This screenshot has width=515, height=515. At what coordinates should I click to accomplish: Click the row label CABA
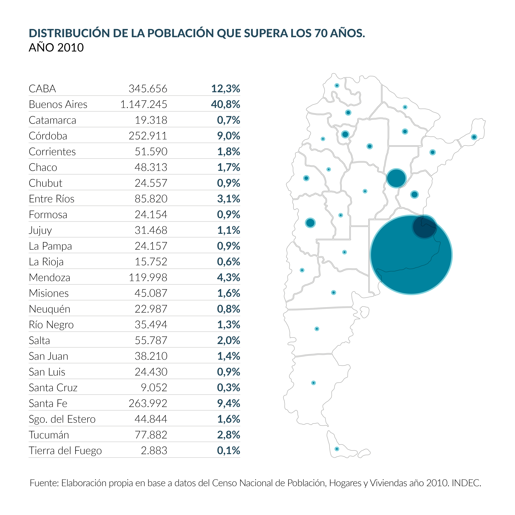coord(42,89)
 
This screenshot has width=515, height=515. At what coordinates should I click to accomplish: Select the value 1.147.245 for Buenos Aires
coord(144,104)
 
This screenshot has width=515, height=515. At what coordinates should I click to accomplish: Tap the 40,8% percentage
coord(225,104)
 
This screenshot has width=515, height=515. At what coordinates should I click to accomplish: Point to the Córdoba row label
coord(48,136)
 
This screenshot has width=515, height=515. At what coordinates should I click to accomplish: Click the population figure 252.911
coord(148,136)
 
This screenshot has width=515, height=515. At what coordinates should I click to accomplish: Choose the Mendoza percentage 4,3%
coord(228,278)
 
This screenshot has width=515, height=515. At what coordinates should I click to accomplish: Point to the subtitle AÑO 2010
coord(56,48)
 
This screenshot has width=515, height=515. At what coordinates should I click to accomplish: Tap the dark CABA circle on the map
coord(424,227)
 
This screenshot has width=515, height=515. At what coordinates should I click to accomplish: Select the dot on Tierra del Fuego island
coord(337,449)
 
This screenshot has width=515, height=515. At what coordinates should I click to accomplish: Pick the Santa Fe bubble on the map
coord(396,178)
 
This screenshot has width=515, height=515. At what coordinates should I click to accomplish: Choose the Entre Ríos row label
coord(52,199)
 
